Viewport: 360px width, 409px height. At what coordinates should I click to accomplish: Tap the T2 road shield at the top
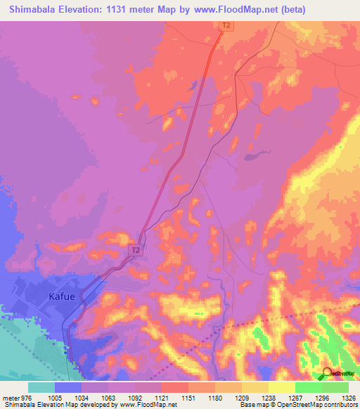226,26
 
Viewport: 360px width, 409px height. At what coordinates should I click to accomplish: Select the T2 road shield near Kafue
136,249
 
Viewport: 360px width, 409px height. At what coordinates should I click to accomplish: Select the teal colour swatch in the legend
41,387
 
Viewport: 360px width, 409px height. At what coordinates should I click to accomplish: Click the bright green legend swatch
308,387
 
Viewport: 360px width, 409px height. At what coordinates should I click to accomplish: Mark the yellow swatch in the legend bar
281,387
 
